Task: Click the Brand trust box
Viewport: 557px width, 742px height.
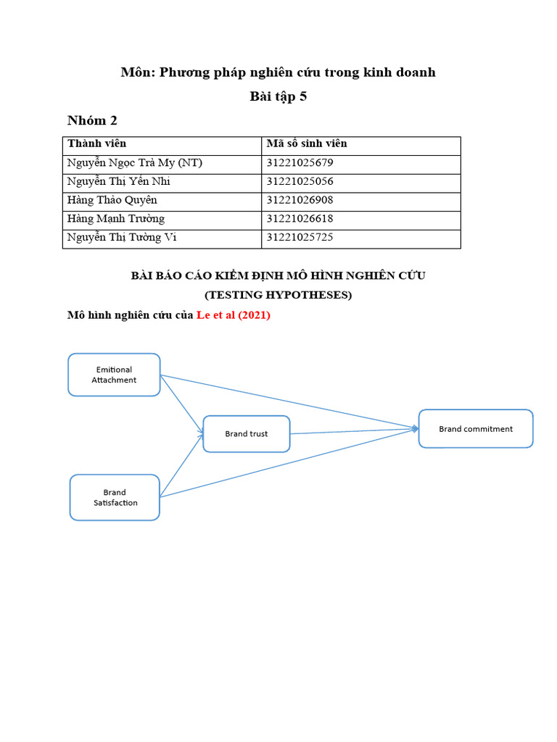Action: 246,434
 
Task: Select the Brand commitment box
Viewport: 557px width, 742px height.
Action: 476,429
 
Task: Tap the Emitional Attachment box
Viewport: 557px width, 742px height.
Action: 114,375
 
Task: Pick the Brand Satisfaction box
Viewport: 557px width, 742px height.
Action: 115,497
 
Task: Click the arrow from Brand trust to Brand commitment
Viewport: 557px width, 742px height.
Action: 353,431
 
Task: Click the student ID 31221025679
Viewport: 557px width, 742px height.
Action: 300,163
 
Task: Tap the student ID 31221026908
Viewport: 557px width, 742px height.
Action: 300,200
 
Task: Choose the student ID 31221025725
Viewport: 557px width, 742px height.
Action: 300,237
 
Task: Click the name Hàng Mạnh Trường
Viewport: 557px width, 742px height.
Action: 116,219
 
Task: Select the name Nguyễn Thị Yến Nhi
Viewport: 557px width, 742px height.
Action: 119,182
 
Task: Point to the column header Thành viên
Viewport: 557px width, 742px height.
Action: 96,144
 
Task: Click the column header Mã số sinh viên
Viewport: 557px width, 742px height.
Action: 307,144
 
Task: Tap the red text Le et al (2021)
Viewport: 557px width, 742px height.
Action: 234,315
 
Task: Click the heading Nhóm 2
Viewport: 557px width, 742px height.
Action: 92,120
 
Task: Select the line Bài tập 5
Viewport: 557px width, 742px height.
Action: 278,96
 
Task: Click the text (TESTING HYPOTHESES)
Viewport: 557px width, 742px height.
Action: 278,295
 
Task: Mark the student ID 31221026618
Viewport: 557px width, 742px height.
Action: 300,219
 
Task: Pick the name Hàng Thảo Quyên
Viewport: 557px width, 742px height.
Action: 112,200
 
